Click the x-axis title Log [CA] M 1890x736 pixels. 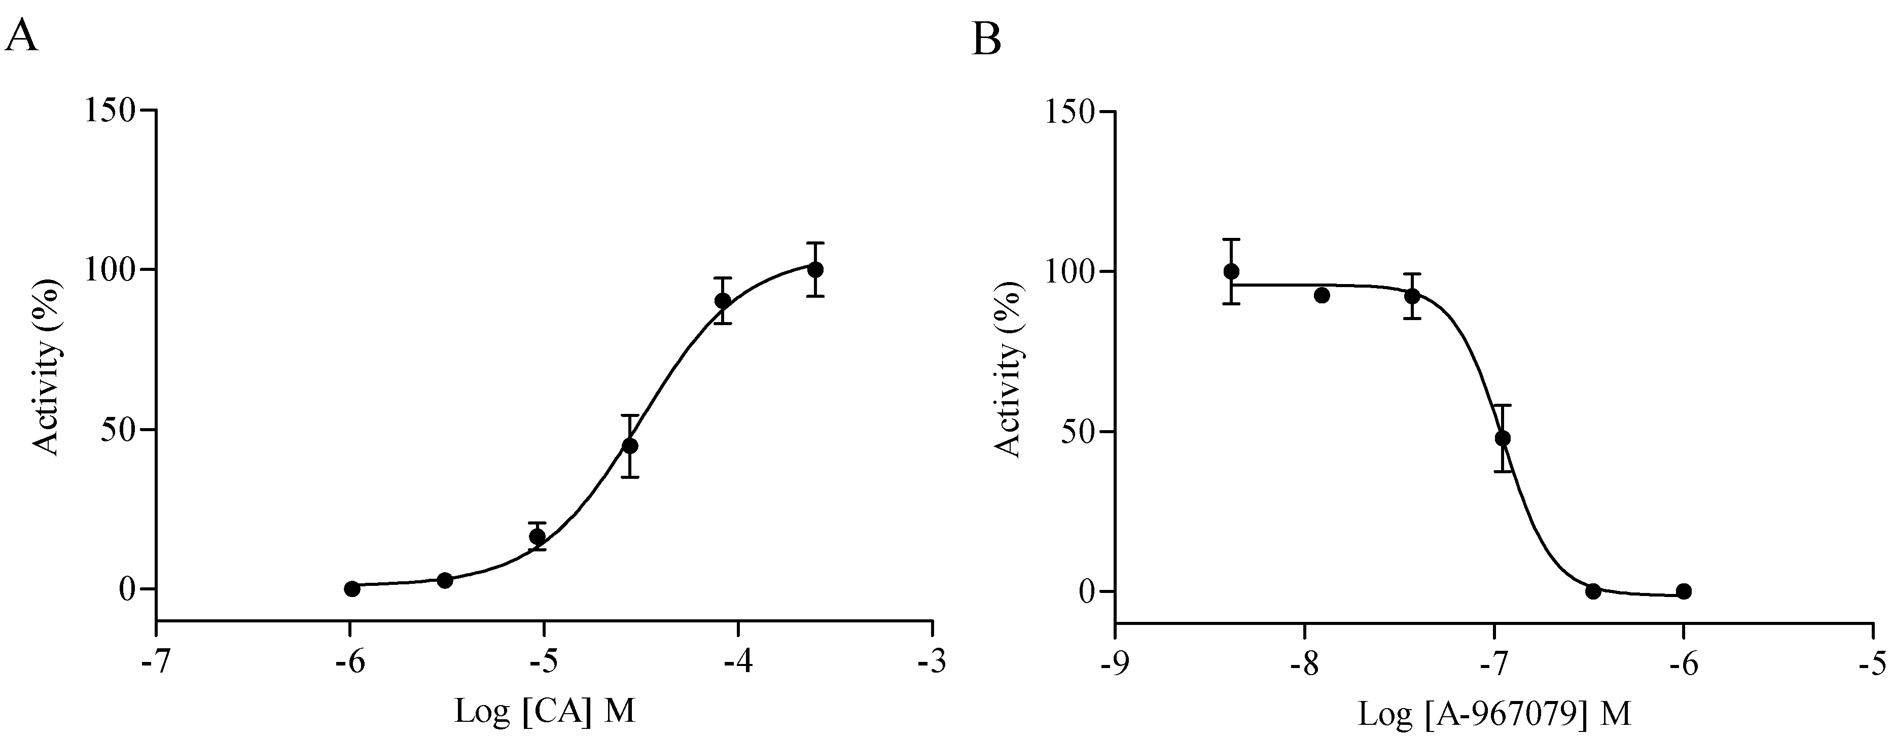coord(545,710)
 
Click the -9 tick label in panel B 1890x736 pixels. coord(1115,664)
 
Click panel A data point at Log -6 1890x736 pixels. coord(352,588)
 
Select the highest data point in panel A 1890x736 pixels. coord(814,269)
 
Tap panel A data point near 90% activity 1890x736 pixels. coord(723,301)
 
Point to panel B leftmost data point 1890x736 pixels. coord(1231,271)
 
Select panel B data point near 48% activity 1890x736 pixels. coord(1503,438)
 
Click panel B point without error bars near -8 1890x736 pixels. coord(1322,296)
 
